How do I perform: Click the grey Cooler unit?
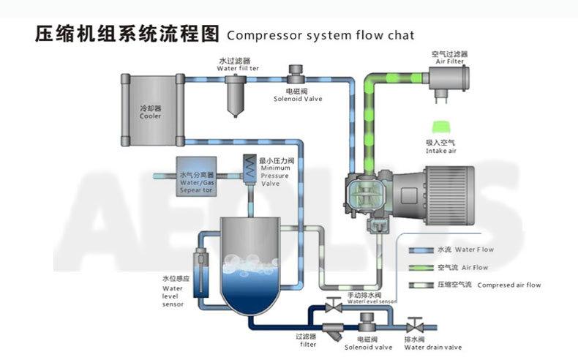(153, 110)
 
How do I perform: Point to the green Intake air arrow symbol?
(442, 127)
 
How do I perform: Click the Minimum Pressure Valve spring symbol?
(249, 168)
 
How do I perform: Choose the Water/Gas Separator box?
(196, 176)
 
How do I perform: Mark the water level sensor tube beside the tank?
(200, 273)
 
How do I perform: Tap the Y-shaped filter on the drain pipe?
(334, 331)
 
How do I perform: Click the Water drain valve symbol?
(414, 326)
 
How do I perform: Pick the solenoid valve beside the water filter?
(296, 74)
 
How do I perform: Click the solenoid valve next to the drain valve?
(367, 323)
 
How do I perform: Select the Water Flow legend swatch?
(421, 250)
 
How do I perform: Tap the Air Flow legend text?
(462, 268)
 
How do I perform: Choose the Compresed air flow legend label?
(489, 285)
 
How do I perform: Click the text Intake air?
(441, 151)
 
